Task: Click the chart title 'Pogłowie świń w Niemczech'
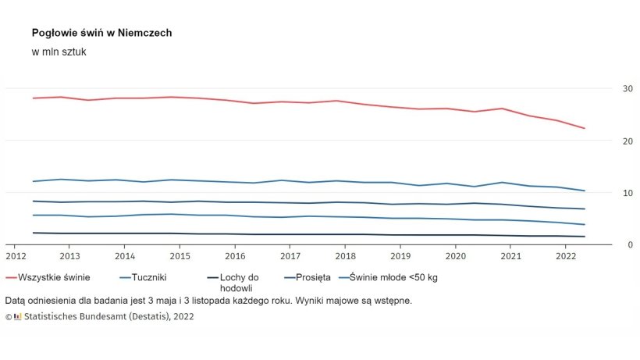101,34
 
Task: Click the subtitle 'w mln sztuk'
59,52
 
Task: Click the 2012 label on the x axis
16,255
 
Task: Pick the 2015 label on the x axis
180,255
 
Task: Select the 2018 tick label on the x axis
345,255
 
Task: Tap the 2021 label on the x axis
510,255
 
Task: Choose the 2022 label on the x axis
565,255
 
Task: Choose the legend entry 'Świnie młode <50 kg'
393,277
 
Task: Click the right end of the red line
585,128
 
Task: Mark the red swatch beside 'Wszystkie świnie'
12,277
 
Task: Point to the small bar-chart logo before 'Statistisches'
18,317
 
